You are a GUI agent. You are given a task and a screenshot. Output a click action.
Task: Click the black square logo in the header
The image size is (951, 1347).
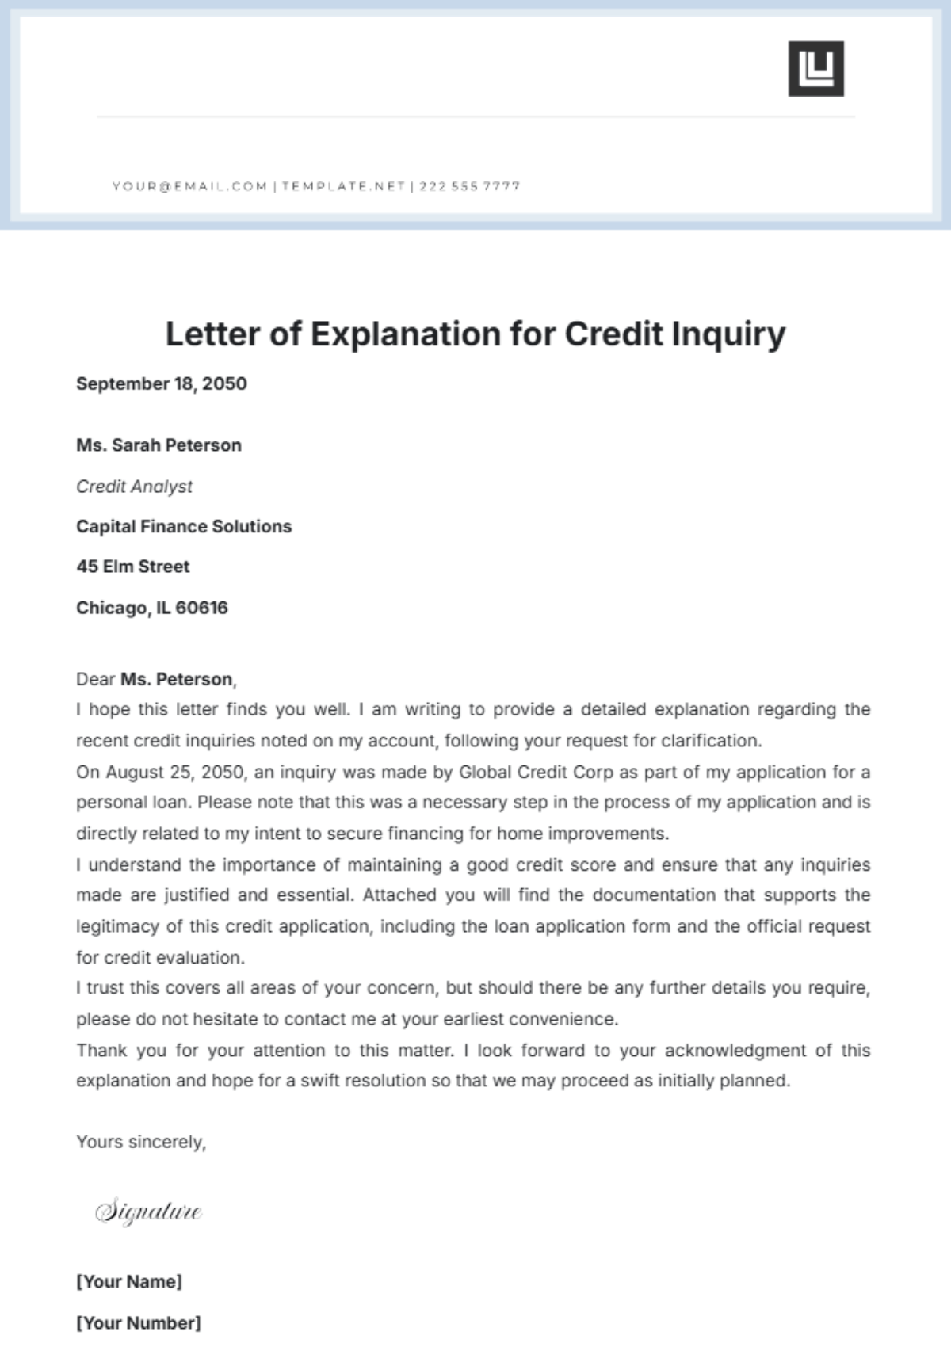pos(815,69)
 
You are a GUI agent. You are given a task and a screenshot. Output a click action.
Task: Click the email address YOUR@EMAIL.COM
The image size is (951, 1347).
pos(189,186)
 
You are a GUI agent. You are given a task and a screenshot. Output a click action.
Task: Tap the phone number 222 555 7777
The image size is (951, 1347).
pos(469,186)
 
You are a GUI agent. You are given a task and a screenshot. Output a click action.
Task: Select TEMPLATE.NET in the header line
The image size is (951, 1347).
pos(343,186)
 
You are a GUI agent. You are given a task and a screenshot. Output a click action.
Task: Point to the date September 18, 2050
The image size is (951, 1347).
pos(162,383)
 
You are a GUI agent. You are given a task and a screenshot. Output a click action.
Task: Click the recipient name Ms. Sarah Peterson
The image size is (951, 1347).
pos(158,445)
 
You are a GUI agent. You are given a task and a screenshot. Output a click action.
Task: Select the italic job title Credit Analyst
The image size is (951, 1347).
pos(134,487)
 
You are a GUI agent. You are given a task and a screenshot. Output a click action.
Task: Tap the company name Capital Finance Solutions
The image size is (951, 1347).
pos(184,526)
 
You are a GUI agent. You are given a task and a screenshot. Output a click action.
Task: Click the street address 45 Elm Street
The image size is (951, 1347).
pos(133,567)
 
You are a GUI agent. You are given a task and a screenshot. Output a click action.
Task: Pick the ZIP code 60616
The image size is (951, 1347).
pos(201,608)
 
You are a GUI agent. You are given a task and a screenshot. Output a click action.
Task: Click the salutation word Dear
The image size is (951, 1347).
pos(95,679)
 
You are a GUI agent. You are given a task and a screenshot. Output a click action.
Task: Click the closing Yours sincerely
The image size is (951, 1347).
pos(141,1142)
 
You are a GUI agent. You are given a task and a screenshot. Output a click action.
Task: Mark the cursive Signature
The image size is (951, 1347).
pos(148,1212)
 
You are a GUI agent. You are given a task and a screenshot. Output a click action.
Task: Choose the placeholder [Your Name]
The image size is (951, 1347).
pos(129,1281)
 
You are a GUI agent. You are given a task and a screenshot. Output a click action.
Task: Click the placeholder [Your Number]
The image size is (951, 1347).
pos(139,1322)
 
